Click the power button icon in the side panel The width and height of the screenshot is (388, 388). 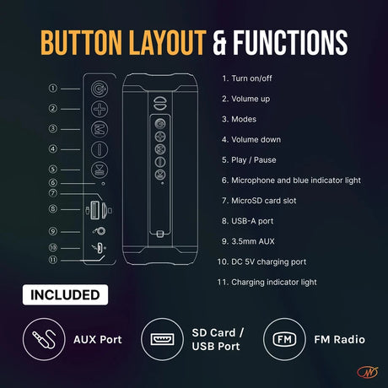[x=100, y=89]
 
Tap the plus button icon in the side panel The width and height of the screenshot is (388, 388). [x=100, y=109]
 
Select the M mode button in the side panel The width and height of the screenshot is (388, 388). [x=100, y=129]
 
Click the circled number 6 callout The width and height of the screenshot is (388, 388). [x=53, y=183]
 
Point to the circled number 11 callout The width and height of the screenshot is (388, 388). [x=53, y=260]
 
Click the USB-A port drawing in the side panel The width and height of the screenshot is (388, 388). [x=94, y=210]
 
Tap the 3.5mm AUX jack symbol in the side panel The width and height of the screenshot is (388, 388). [x=100, y=231]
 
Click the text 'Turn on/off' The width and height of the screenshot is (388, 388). [x=251, y=78]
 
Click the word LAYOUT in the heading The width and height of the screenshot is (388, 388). [x=168, y=43]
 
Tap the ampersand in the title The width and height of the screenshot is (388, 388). [x=219, y=43]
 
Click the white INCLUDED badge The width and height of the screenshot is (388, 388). [x=65, y=295]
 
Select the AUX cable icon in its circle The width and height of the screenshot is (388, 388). [x=44, y=339]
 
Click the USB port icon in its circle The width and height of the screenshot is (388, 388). [x=162, y=339]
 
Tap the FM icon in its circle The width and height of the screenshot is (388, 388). [x=284, y=339]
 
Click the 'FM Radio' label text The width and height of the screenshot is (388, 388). [x=340, y=340]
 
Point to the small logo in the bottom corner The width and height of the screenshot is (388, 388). [x=368, y=373]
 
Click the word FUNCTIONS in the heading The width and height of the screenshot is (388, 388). [x=290, y=43]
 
